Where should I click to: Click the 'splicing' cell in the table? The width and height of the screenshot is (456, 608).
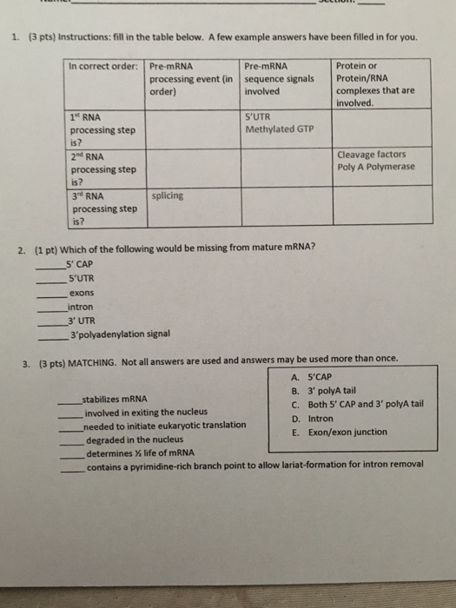tap(167, 196)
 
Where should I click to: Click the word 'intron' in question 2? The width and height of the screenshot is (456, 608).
tap(80, 307)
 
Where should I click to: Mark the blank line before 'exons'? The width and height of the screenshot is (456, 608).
tap(50, 295)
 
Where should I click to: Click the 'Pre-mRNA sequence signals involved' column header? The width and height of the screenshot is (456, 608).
tap(279, 77)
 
